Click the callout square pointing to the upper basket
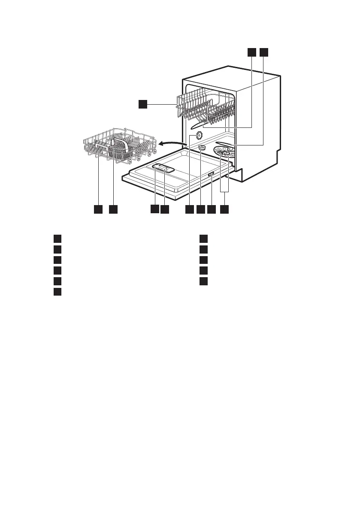tap(142, 103)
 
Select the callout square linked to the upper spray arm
tap(251, 52)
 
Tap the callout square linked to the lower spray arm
tap(263, 52)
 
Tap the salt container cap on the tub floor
tap(202, 148)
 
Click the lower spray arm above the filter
tap(227, 143)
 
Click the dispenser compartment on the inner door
tap(163, 169)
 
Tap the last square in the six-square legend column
tap(57, 292)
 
